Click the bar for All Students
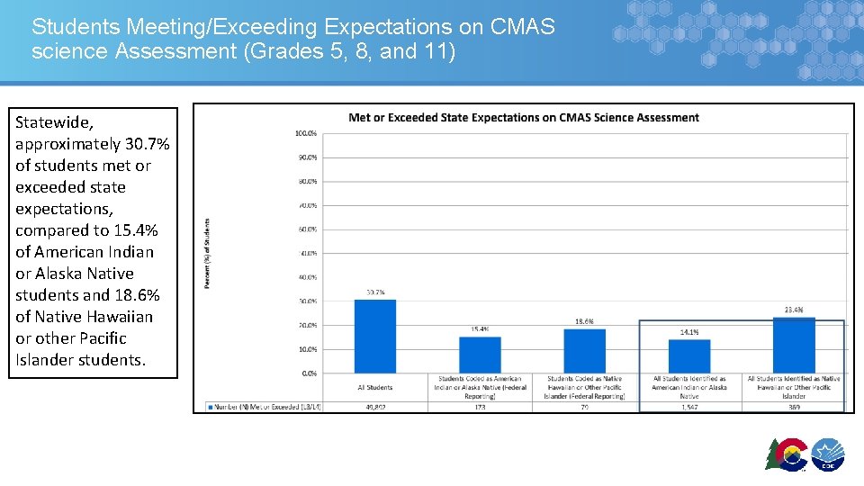click(x=374, y=336)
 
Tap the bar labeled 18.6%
click(x=584, y=350)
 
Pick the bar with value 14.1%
click(x=689, y=355)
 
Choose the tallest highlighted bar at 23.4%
click(x=794, y=345)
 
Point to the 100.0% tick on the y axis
click(x=305, y=133)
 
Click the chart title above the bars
click(x=523, y=117)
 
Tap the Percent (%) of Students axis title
click(x=208, y=253)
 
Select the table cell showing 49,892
click(x=374, y=407)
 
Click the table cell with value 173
click(x=480, y=407)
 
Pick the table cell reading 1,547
click(x=689, y=407)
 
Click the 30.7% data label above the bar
click(x=375, y=292)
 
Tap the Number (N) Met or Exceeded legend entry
click(x=265, y=407)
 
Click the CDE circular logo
click(x=827, y=455)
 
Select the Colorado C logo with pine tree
click(x=786, y=455)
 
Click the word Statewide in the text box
click(x=54, y=122)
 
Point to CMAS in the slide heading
click(x=523, y=27)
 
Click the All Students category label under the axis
click(x=374, y=387)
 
